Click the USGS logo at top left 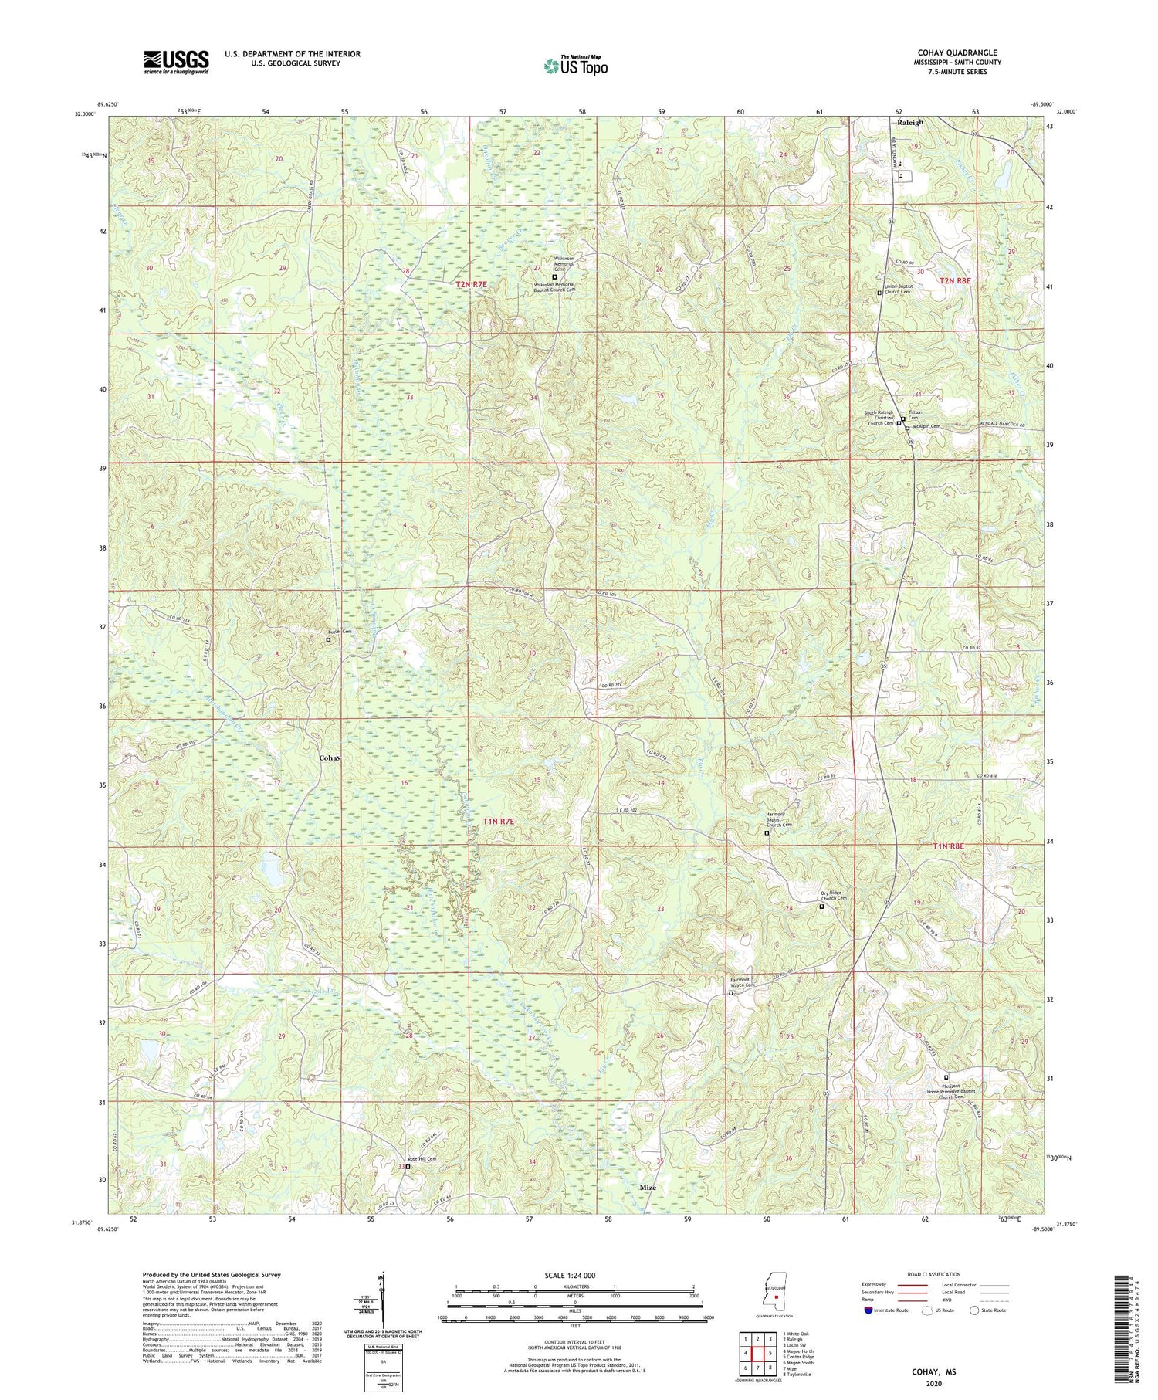point(175,62)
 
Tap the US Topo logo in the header point(574,66)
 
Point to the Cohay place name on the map point(330,758)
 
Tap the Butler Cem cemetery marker point(327,639)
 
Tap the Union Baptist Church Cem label point(906,289)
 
